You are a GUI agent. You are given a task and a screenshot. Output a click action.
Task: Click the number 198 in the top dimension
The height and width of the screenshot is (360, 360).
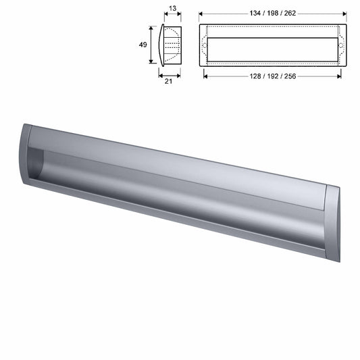(x=274, y=11)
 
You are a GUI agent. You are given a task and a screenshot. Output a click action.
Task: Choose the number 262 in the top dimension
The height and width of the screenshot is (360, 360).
(x=292, y=11)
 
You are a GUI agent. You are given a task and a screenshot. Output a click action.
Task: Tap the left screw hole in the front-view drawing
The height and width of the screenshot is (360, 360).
(x=205, y=45)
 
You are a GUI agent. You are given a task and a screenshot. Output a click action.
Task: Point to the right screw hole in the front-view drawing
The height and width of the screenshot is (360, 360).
(x=344, y=45)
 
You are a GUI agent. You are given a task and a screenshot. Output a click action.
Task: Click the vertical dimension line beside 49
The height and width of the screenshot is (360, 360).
(x=151, y=44)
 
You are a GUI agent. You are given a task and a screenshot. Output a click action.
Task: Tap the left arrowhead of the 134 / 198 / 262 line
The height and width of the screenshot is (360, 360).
(x=201, y=12)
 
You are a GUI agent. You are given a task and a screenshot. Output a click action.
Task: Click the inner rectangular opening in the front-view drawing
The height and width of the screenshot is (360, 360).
(x=274, y=51)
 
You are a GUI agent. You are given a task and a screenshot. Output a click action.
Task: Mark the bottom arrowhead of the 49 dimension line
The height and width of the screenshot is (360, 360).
(x=151, y=62)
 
